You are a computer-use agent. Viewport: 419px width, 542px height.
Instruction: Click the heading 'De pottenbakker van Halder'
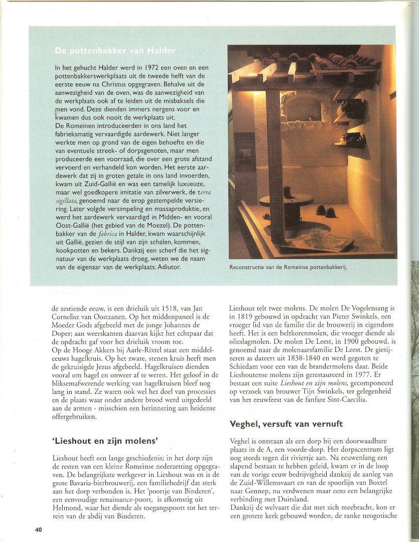(x=115, y=51)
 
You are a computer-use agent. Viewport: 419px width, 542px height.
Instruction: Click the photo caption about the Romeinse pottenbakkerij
(x=288, y=267)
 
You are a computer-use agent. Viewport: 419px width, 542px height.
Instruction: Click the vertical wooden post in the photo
(x=275, y=161)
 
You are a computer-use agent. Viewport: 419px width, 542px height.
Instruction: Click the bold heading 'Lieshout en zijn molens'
(x=105, y=441)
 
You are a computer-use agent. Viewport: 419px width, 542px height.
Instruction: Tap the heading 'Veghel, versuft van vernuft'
(x=286, y=424)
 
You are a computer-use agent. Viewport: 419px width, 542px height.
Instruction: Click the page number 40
(x=39, y=529)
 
